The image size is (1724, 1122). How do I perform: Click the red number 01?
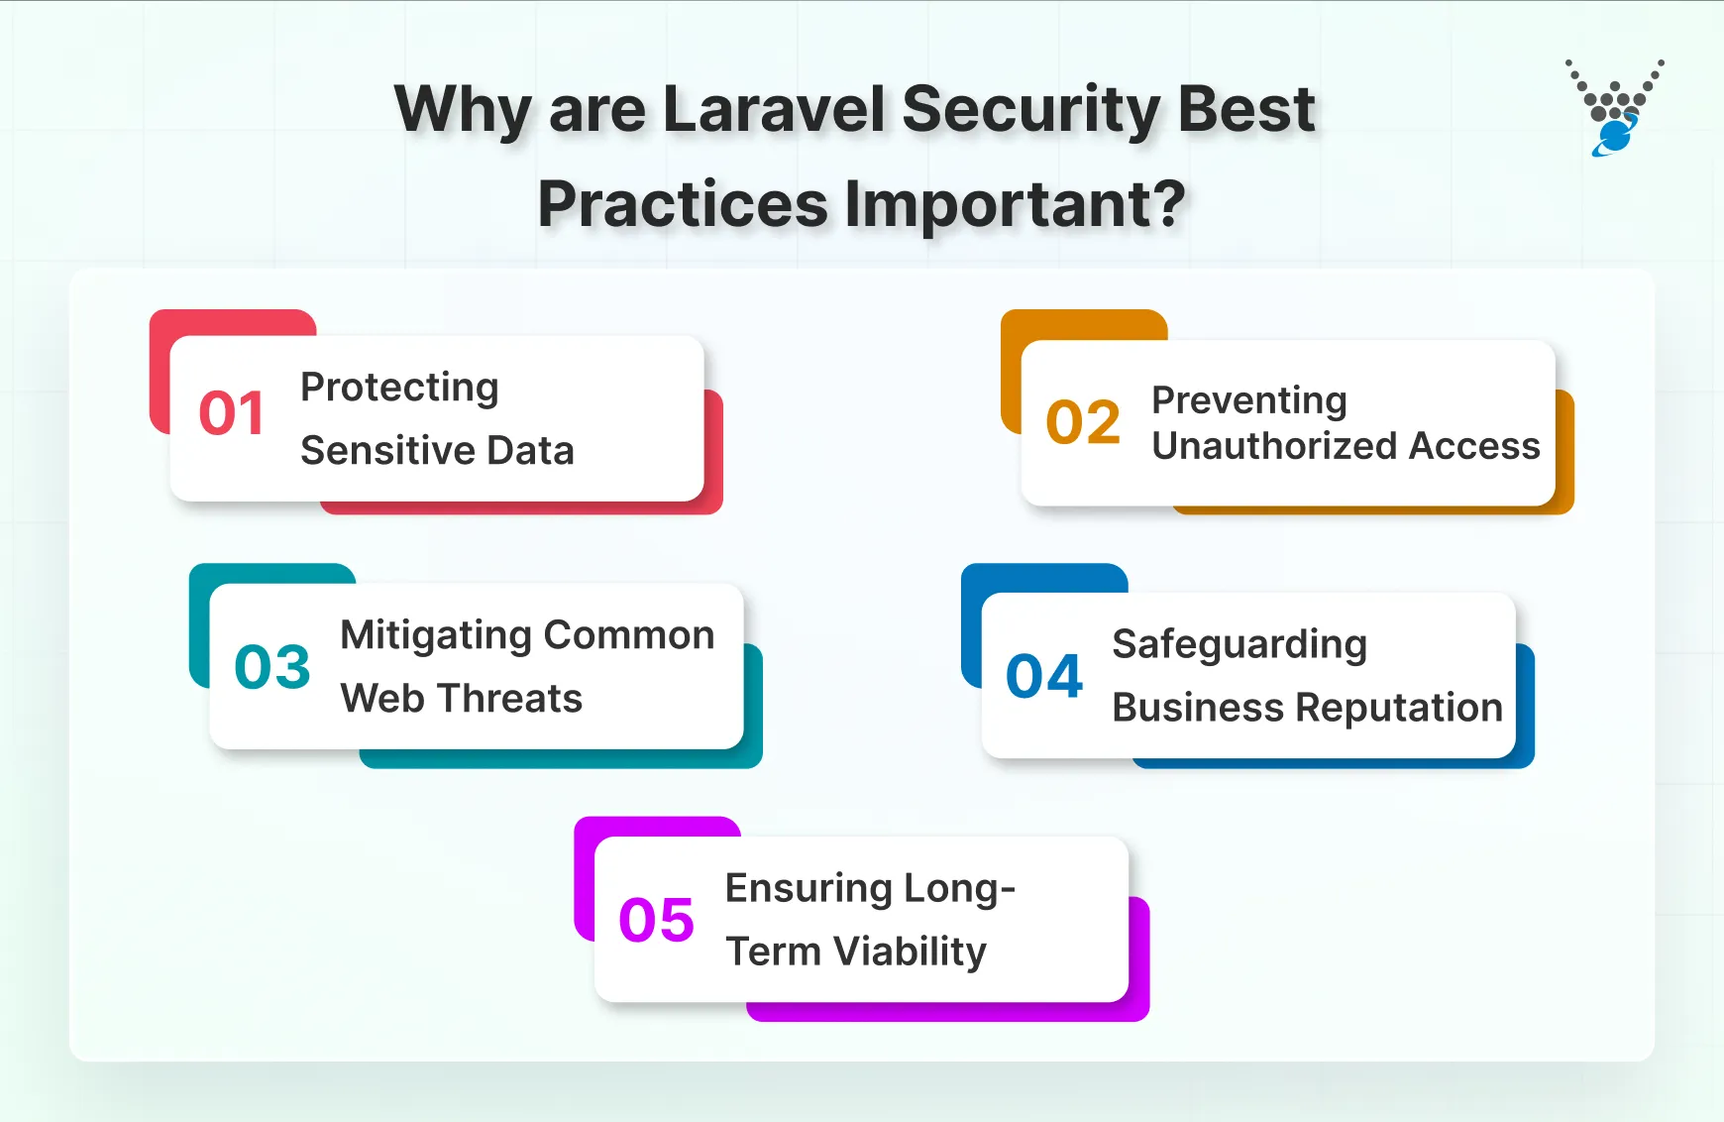coord(231,413)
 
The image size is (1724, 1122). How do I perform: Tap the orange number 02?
coord(1083,422)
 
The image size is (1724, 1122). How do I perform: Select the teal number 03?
coord(272,667)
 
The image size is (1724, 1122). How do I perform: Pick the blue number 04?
coord(1044,677)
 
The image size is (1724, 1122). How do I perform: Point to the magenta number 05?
coord(656,921)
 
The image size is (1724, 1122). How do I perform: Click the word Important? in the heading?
coord(1015,204)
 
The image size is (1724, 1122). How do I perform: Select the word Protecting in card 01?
coord(399,388)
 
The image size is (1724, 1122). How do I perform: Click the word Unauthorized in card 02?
coord(1272,447)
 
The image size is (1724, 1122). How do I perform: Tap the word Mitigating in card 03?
coord(435,636)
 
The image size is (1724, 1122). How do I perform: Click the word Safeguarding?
coord(1239,645)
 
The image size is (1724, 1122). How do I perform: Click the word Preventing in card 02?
coord(1248,401)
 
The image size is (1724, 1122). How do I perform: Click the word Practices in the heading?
coord(682,204)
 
